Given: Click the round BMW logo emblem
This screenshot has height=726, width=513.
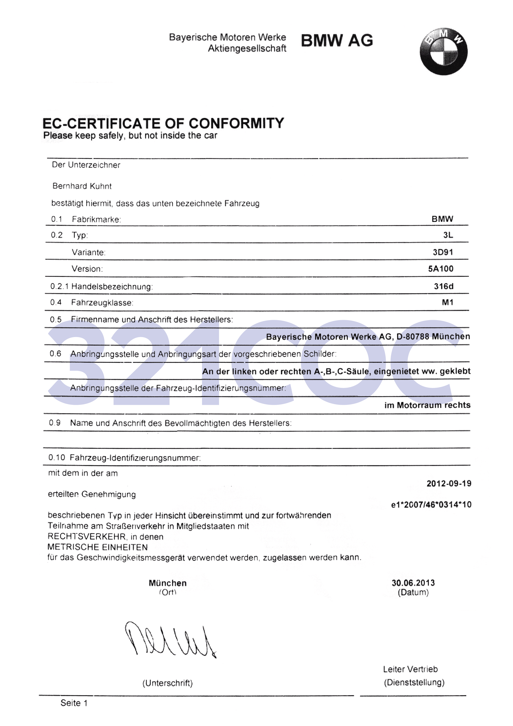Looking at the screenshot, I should coord(443,52).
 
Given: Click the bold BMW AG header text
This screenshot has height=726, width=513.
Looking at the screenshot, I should coord(337,41).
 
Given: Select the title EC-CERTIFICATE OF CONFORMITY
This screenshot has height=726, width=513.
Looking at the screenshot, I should coord(163,123).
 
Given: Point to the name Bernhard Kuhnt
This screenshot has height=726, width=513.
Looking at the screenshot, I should coord(82,186).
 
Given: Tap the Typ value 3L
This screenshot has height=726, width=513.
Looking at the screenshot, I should coord(448,235).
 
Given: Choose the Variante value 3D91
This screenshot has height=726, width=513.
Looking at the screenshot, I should coord(443,252).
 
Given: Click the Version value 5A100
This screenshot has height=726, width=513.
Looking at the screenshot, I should coord(441,269).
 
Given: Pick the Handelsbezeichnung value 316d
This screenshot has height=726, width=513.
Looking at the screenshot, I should coord(443,286).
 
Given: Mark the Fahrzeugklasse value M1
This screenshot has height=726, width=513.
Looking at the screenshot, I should coord(447,302).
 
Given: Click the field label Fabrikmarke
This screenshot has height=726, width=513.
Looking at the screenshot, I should coord(96,219).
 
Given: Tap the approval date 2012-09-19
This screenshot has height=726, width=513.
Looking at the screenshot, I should coord(449,483).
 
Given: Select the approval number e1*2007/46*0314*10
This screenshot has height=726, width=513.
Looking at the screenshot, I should coord(431,505).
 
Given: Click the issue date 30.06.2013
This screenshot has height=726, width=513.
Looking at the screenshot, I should coord(413,583).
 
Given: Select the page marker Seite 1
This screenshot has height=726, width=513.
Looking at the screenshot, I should coord(74,703).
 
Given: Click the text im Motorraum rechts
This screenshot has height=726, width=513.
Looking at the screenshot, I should coord(427,405).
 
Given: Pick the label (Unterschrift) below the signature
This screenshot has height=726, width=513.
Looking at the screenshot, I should coord(167,683).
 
